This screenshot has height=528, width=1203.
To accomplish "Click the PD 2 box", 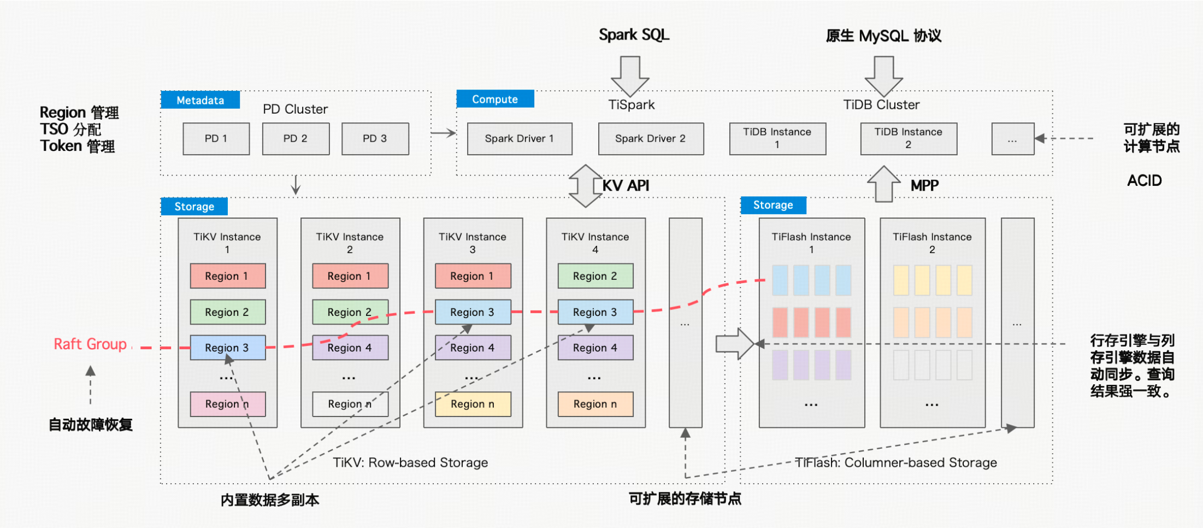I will (296, 139).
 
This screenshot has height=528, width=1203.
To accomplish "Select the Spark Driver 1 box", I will (520, 139).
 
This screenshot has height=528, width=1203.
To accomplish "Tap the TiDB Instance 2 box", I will (909, 139).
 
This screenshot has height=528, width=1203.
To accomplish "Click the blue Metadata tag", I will (200, 100).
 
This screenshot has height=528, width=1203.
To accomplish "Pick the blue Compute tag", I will (495, 99).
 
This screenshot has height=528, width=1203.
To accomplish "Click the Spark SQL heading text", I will (634, 35).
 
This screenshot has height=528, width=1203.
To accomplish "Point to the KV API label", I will (626, 186).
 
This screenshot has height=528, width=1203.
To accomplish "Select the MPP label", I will (924, 186).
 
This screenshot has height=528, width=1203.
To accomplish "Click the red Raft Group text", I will (90, 344).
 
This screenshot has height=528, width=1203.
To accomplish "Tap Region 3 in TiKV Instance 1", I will (227, 348).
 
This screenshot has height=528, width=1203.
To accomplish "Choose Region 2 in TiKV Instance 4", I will (595, 276).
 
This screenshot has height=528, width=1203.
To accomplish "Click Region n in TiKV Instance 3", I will (473, 404).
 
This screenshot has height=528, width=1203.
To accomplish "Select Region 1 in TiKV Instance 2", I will (350, 276).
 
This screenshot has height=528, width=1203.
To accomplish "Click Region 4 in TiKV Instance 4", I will (595, 348).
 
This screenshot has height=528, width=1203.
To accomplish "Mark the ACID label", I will (1145, 181).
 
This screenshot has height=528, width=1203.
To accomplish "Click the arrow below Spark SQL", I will (630, 75).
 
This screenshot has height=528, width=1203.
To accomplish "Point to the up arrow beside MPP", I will (883, 184).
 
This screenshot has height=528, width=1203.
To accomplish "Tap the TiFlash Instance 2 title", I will (932, 243).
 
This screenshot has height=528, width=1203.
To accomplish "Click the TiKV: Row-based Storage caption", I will (410, 462).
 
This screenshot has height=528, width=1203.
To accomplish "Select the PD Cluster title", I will (295, 109).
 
